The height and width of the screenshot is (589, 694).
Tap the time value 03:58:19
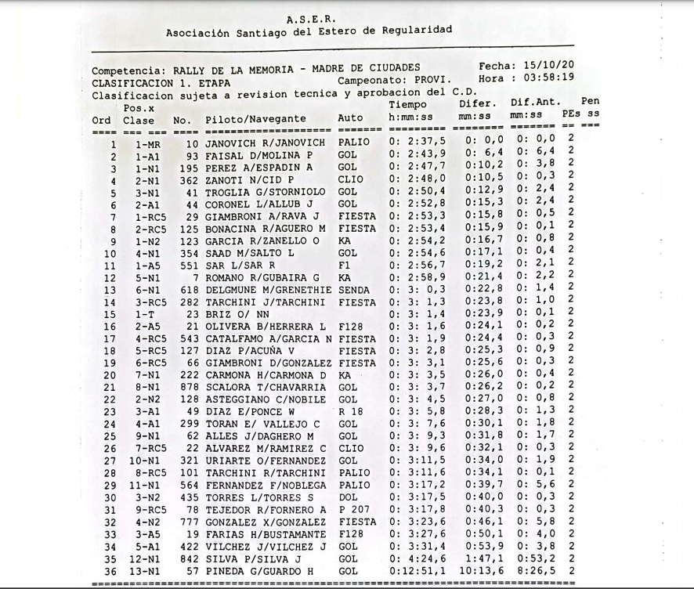(549, 78)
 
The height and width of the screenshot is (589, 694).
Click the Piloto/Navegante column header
(255, 120)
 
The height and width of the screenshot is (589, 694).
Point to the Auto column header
(350, 120)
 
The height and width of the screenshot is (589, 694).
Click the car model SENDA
(356, 290)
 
